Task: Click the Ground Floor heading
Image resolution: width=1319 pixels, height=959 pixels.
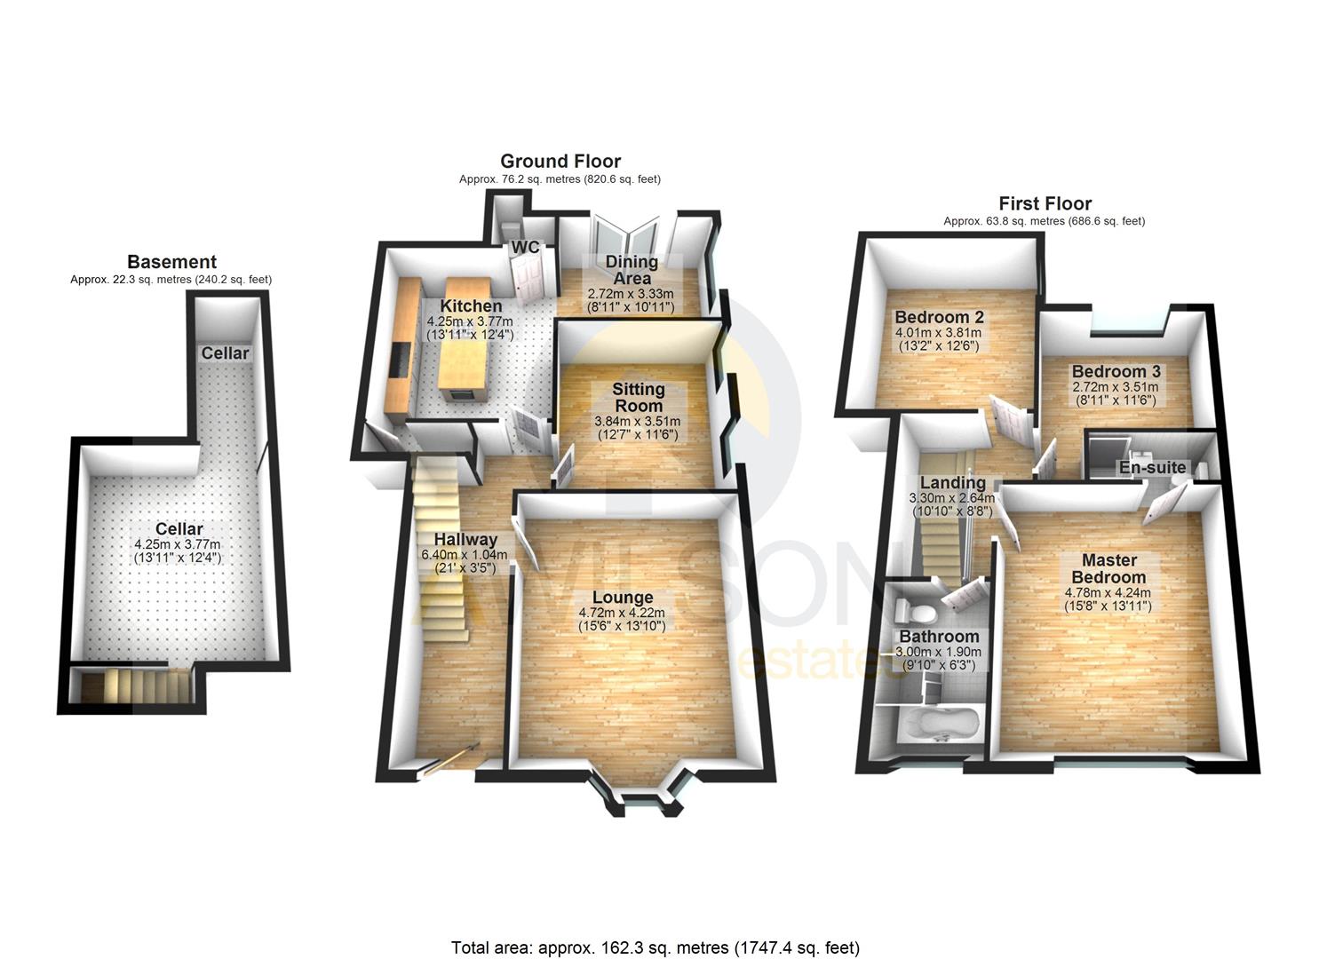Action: click(560, 161)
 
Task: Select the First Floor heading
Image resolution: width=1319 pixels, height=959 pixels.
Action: click(1045, 203)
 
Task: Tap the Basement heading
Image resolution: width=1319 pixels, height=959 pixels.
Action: click(171, 262)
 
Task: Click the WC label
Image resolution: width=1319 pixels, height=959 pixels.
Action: click(525, 248)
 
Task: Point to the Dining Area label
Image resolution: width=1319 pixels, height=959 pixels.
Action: click(631, 269)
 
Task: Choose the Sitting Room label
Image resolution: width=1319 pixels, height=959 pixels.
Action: click(638, 397)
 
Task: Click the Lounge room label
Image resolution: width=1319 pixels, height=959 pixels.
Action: click(622, 598)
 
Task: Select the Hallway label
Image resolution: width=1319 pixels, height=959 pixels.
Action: click(465, 540)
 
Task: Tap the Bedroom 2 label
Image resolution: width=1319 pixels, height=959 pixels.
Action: click(939, 317)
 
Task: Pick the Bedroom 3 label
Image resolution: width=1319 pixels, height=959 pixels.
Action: click(1116, 371)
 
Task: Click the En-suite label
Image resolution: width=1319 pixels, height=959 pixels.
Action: click(1152, 467)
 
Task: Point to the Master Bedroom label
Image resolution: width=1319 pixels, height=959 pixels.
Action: click(1108, 568)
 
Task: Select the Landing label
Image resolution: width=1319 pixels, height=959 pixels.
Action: click(951, 483)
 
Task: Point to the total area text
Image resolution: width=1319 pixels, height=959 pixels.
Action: click(656, 947)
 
